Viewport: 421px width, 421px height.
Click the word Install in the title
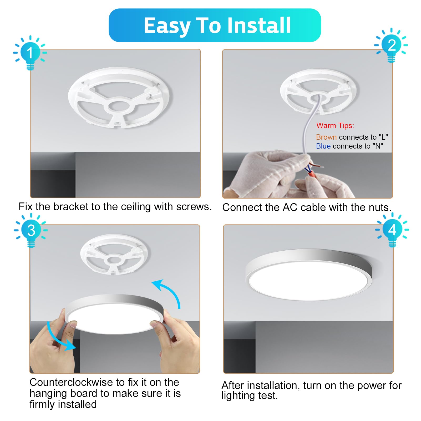(259, 26)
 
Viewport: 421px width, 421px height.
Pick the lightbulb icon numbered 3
(31, 230)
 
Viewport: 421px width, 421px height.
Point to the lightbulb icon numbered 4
(392, 230)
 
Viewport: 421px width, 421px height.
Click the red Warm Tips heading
(335, 126)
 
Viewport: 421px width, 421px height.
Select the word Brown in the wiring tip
(326, 137)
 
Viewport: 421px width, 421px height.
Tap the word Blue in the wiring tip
(323, 146)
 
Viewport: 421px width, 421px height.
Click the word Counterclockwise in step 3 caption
(71, 382)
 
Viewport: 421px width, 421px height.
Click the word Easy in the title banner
(167, 26)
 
